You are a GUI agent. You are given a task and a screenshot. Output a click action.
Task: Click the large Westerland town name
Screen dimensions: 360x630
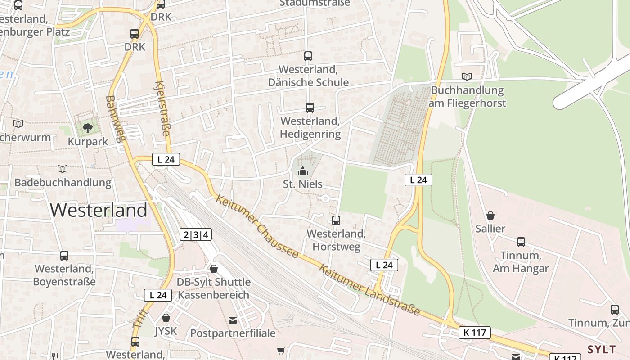(x=99, y=210)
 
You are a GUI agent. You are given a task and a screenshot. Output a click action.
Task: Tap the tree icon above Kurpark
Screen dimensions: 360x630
(x=88, y=128)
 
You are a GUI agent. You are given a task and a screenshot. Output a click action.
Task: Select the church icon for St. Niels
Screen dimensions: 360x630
(x=303, y=171)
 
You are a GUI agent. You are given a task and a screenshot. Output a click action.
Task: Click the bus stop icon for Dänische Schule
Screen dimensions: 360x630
(x=308, y=56)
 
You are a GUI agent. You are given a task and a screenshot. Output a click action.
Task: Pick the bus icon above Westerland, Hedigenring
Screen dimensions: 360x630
(x=310, y=108)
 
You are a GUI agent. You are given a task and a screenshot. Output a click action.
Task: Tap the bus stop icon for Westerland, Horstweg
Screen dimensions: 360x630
(x=336, y=220)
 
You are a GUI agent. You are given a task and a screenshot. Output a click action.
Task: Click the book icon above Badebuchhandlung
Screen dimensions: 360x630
(x=63, y=169)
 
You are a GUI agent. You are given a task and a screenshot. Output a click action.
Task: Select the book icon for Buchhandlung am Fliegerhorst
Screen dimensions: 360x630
(x=467, y=77)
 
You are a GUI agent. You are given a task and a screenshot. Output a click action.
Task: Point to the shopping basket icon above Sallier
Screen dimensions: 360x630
(x=490, y=216)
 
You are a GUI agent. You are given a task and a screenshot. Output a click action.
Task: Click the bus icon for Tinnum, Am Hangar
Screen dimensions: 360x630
(x=521, y=242)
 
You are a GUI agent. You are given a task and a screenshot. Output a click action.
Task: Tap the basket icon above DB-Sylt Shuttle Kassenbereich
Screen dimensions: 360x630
(x=214, y=269)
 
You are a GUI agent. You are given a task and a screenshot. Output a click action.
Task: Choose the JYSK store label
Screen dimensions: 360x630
(x=166, y=332)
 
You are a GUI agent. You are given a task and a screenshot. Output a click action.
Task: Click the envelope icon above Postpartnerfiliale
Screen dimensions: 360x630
(x=233, y=320)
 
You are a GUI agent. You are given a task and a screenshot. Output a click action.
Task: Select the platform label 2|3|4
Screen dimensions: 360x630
(x=196, y=234)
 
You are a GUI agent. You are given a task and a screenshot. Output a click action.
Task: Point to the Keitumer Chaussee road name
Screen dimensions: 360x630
(x=257, y=226)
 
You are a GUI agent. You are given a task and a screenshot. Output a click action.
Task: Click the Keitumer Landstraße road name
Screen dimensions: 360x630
(x=369, y=290)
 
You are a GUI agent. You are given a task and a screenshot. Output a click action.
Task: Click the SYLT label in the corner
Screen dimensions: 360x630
(x=602, y=350)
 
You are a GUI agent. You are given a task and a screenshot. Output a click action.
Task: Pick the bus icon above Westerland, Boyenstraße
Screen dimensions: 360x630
(x=64, y=256)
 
